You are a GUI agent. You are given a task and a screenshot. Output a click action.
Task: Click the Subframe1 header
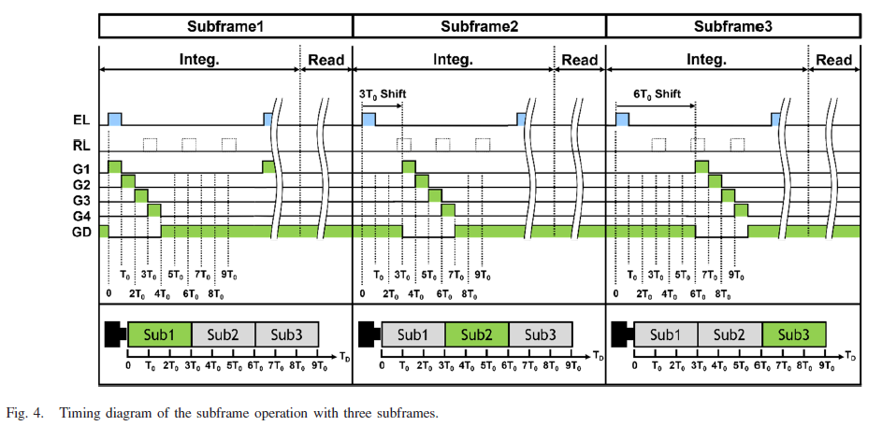pos(225,27)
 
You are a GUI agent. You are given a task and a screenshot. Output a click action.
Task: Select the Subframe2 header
pos(479,27)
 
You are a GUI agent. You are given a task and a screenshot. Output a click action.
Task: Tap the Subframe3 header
pos(732,27)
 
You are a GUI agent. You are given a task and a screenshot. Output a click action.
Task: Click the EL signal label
pos(81,120)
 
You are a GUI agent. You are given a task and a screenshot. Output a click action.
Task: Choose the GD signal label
pos(81,230)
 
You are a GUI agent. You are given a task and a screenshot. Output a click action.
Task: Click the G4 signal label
pos(81,214)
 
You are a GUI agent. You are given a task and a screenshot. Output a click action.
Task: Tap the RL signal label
pos(81,145)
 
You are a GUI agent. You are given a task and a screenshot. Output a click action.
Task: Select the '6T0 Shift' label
pos(655,95)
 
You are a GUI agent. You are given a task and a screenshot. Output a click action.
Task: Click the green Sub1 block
pos(159,334)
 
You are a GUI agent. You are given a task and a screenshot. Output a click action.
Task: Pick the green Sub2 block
pos(477,334)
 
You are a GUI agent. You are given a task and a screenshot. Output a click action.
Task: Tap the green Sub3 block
pos(794,334)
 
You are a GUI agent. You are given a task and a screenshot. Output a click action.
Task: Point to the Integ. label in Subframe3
pos(707,61)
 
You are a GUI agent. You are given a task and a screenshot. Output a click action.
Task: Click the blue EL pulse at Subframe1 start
pos(115,119)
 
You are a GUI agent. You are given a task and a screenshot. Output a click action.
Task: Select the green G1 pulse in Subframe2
pos(409,166)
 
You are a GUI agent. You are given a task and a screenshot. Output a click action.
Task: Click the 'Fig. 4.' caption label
pos(23,412)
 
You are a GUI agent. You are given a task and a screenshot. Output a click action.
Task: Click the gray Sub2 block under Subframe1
pos(223,334)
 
